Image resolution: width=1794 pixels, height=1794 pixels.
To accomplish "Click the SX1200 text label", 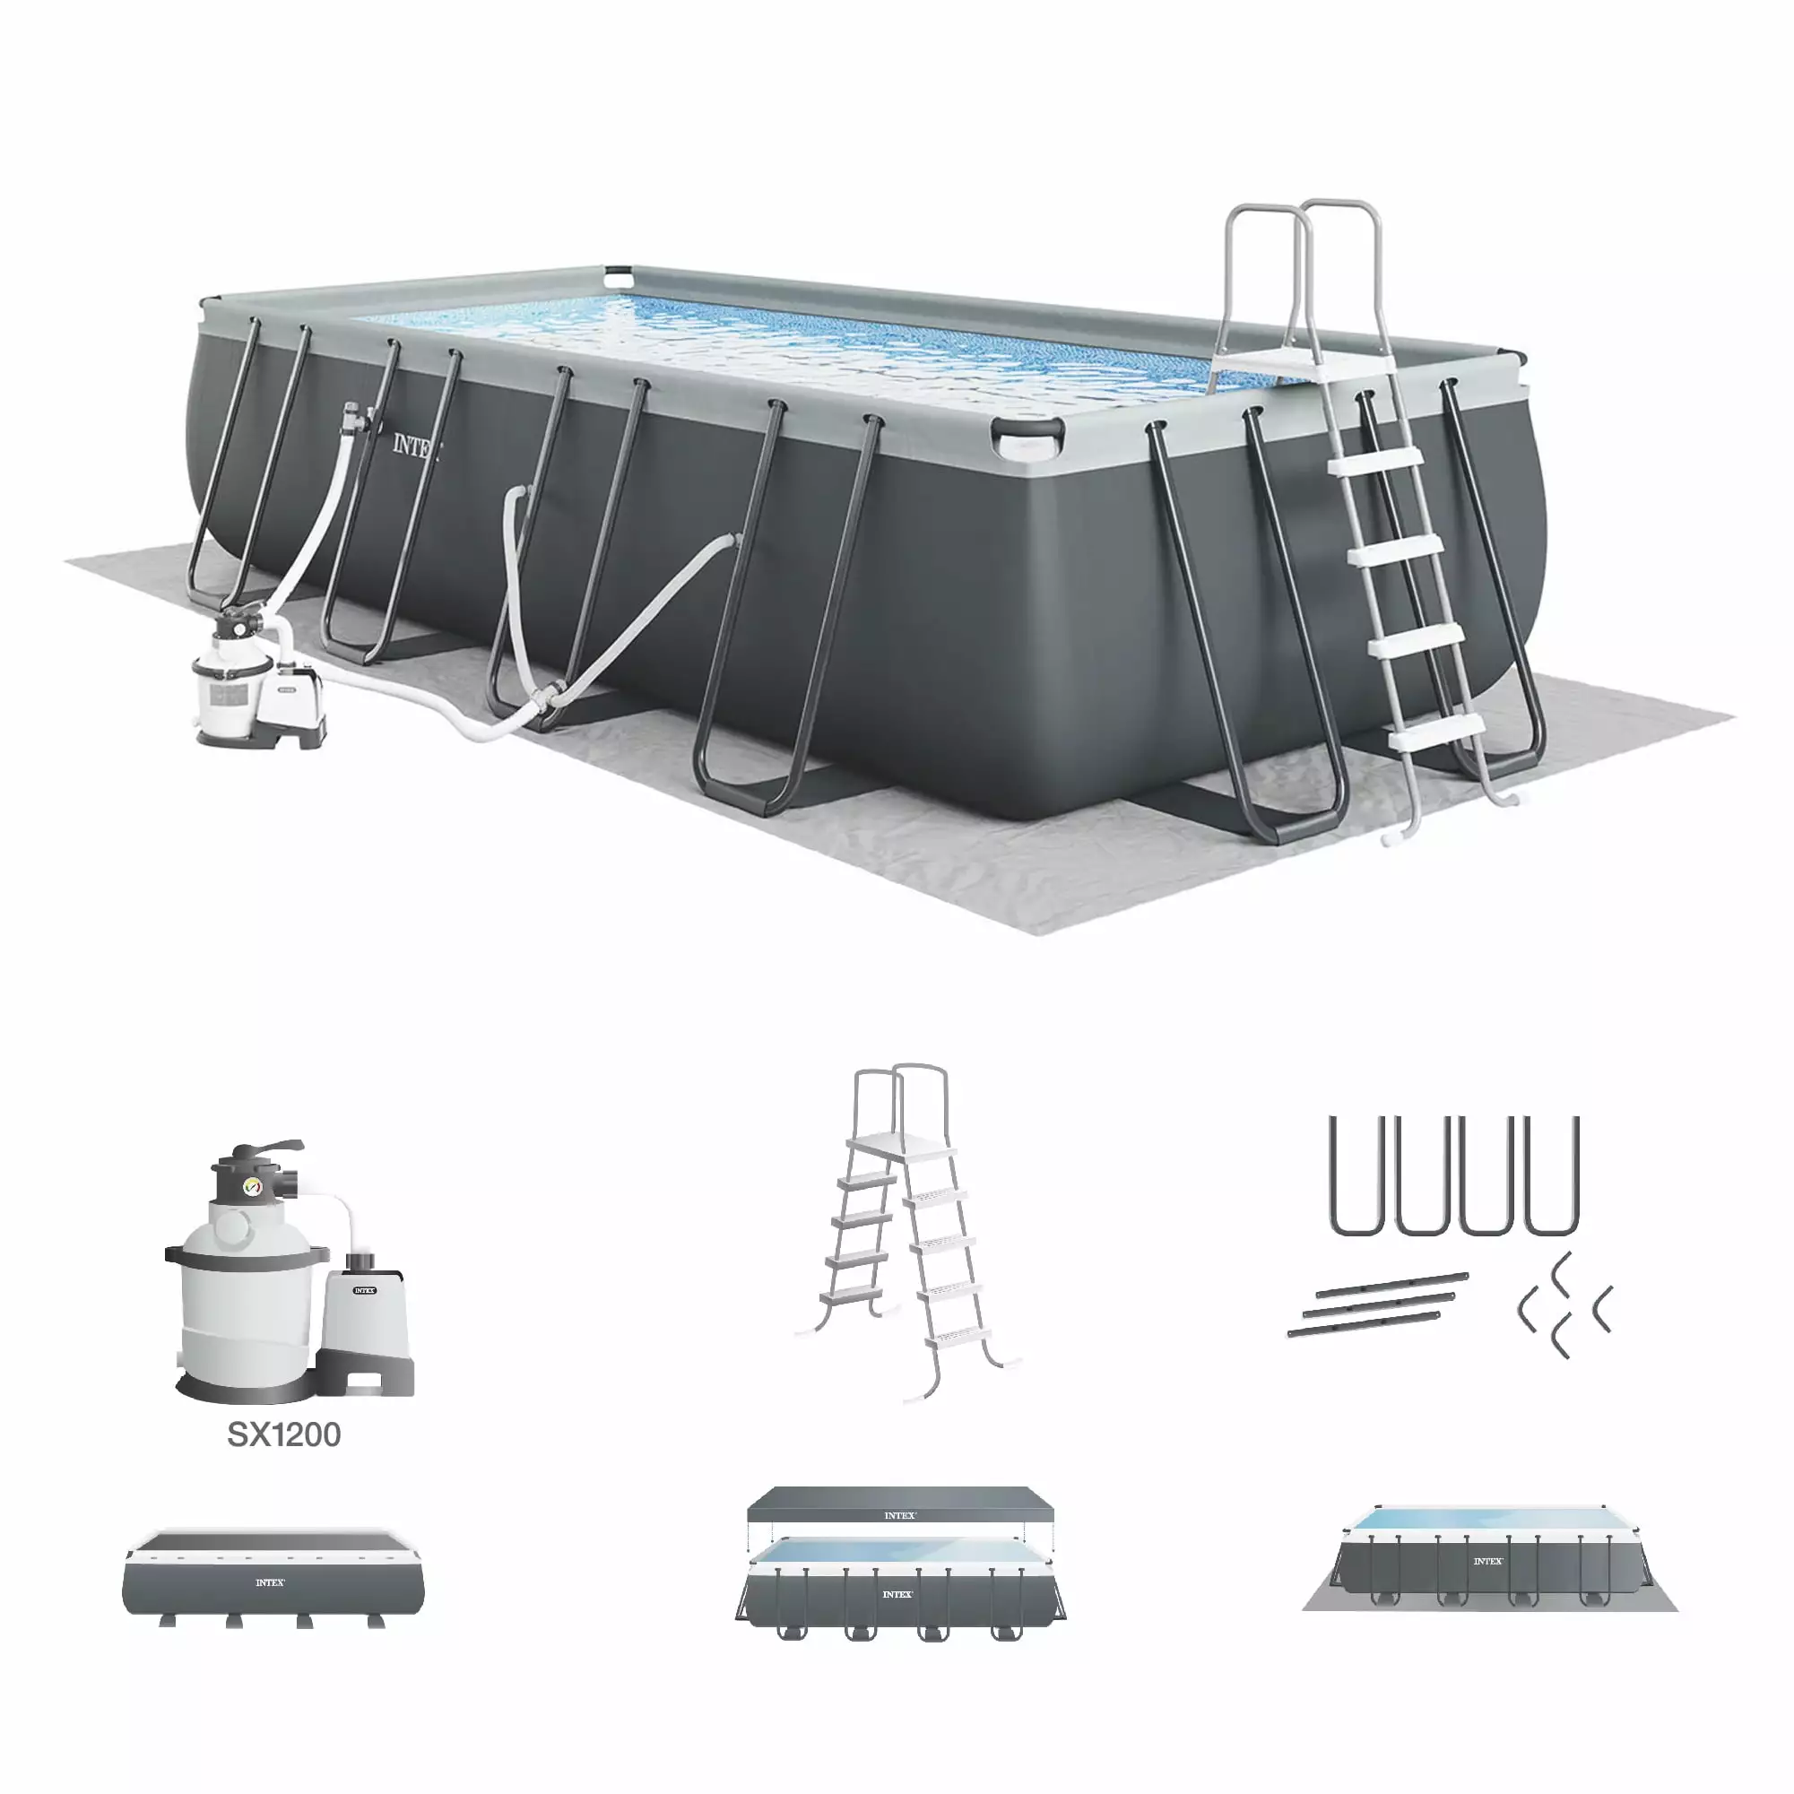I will pyautogui.click(x=284, y=1434).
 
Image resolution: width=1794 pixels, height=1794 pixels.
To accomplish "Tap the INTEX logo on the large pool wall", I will pyautogui.click(x=414, y=446).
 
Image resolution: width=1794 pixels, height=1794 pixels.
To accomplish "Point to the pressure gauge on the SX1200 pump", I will pyautogui.click(x=251, y=1187).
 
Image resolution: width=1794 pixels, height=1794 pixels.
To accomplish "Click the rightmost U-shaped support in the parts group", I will pyautogui.click(x=1552, y=1175).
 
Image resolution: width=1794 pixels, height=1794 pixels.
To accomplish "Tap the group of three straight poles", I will pyautogui.click(x=1377, y=1305).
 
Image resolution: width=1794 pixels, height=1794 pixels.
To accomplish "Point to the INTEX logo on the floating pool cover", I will pyautogui.click(x=899, y=1515).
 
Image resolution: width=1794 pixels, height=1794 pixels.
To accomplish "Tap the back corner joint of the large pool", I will pyautogui.click(x=617, y=277).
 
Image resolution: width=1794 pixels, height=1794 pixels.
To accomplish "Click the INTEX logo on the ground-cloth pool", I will pyautogui.click(x=1487, y=1561).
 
